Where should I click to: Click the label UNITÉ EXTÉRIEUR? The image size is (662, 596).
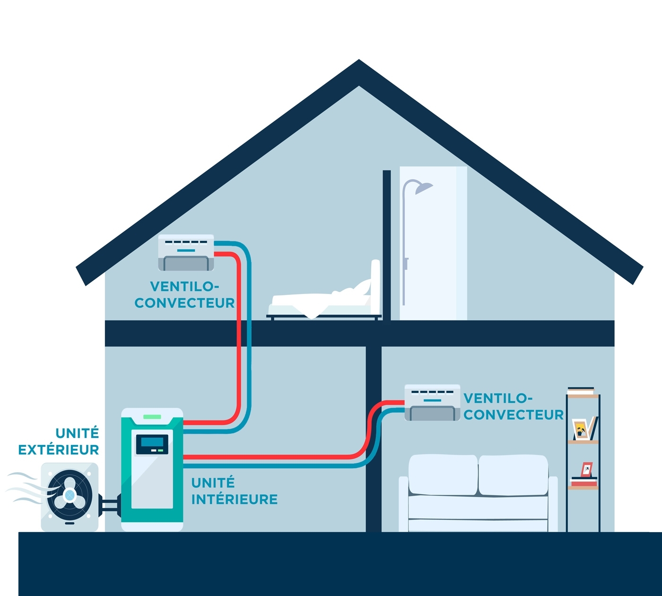(59, 441)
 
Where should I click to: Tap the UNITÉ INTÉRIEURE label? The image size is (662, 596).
(234, 491)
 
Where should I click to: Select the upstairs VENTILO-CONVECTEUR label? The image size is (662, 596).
(184, 294)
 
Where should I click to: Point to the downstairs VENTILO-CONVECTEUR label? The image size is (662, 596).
(514, 406)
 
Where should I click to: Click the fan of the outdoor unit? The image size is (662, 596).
(70, 495)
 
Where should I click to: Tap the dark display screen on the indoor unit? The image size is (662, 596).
(152, 444)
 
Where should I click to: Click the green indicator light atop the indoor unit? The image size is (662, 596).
(152, 417)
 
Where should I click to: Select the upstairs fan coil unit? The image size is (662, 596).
(186, 253)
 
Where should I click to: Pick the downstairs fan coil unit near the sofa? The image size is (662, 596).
(432, 403)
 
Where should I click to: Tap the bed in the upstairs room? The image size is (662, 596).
(322, 303)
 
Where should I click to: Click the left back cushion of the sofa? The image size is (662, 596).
(443, 475)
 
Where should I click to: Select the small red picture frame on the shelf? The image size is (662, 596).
(587, 469)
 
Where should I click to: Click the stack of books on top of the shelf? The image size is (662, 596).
(581, 391)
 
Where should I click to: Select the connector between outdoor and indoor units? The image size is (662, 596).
(110, 505)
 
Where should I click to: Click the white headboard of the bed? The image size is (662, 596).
(375, 284)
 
